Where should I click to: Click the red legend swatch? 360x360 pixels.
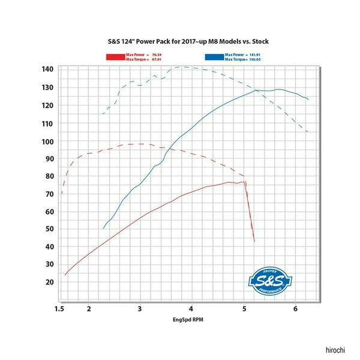115,58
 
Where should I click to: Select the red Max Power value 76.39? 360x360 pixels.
158,55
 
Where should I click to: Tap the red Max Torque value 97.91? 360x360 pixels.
158,59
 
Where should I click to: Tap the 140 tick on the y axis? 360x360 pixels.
47,70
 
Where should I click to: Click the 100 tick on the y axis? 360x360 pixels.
47,142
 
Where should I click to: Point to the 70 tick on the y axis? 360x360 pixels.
47,194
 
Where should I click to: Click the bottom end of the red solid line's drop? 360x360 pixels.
254,241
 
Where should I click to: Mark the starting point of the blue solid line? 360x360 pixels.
103,229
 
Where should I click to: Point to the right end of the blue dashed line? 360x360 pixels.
308,132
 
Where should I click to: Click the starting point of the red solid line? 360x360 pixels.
65,275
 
